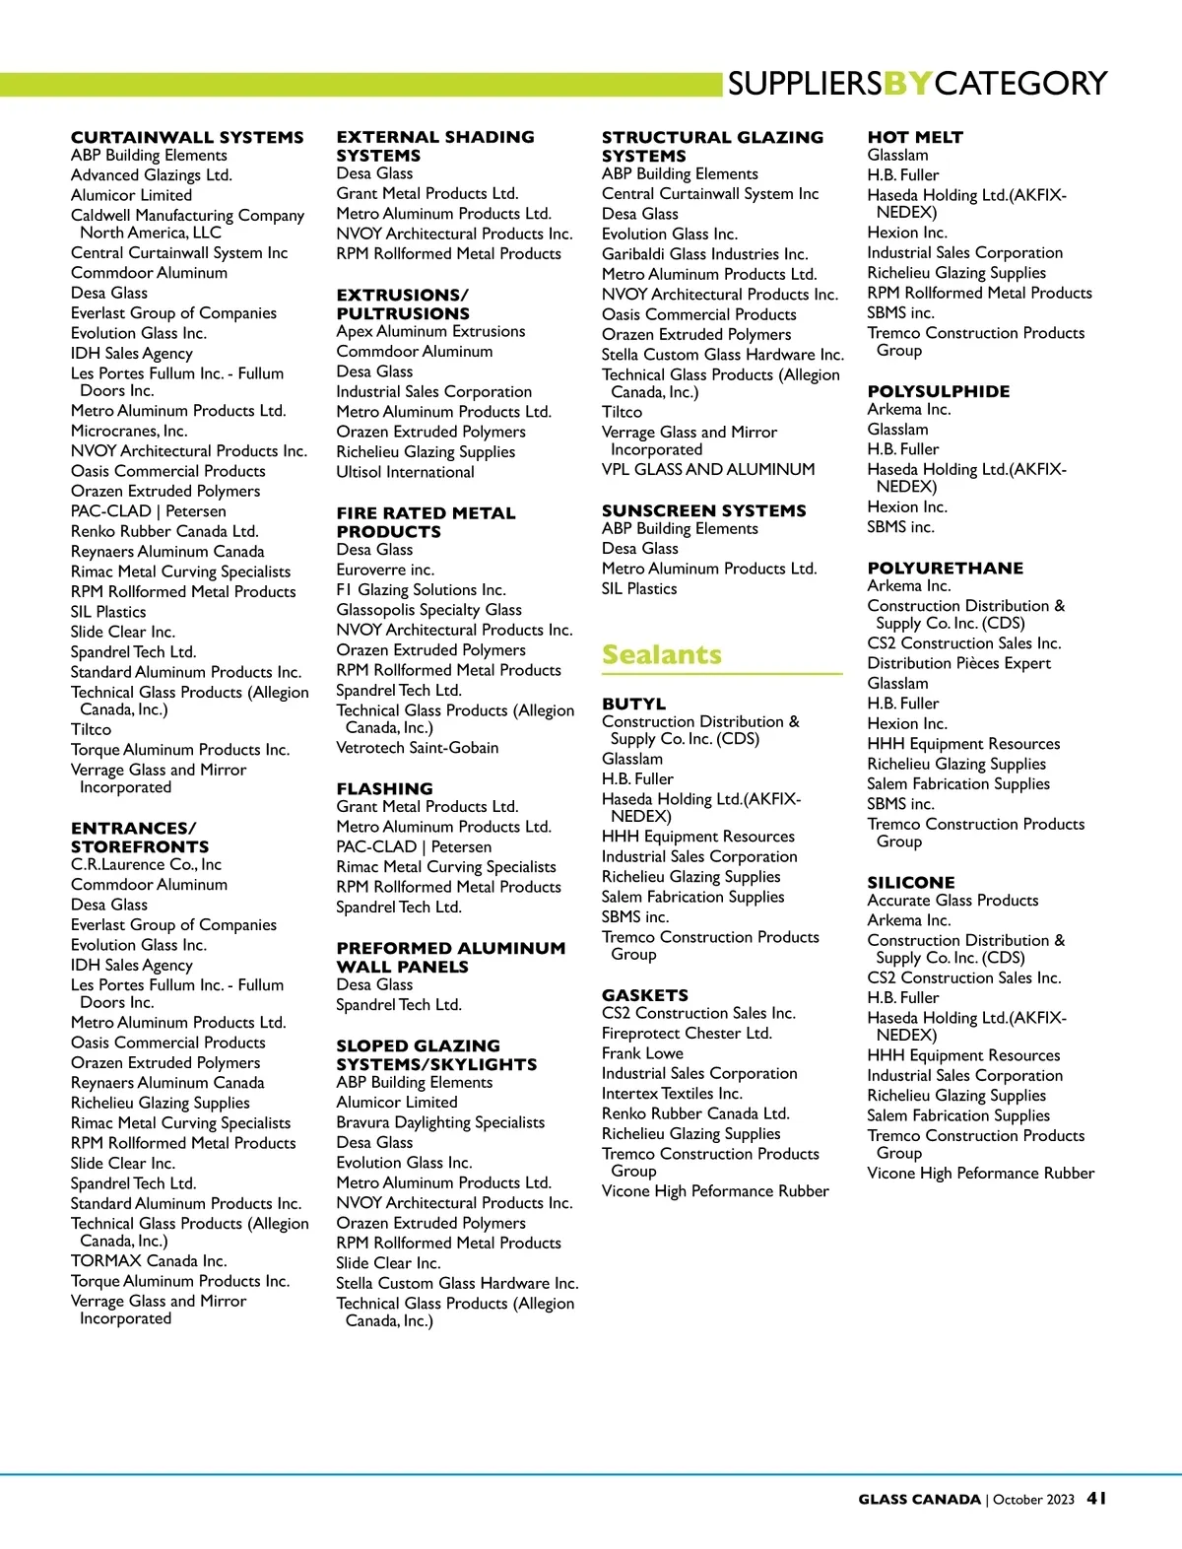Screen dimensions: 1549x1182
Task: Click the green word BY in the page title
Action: [x=907, y=84]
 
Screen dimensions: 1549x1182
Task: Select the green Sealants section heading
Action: [x=662, y=655]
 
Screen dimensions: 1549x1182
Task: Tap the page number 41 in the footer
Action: [x=1096, y=1498]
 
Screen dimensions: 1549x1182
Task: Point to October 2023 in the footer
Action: [x=1033, y=1499]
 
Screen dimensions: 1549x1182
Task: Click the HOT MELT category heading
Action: [x=915, y=137]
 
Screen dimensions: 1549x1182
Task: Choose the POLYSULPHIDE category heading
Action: [x=938, y=391]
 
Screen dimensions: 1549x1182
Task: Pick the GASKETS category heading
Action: [x=645, y=995]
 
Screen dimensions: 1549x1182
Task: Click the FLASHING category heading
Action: [x=384, y=788]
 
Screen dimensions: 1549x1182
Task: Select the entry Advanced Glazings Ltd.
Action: [x=152, y=175]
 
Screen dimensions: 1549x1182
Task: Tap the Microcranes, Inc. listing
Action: [x=129, y=431]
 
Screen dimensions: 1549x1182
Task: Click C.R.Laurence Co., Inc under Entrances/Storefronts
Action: [x=146, y=864]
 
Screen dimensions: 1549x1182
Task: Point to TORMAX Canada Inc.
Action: [x=149, y=1260]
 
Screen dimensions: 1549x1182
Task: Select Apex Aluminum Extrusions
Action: [x=430, y=331]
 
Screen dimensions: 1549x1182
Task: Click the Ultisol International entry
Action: [x=405, y=472]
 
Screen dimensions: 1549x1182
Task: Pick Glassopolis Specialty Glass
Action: [x=428, y=610]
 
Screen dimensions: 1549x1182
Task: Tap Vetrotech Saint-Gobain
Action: [x=418, y=748]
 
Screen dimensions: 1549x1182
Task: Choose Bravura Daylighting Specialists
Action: [x=440, y=1122]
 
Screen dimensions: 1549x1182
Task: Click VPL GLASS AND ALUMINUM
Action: [x=708, y=469]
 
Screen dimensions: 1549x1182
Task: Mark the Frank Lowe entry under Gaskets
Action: [x=642, y=1053]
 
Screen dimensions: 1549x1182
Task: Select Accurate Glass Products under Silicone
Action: [x=952, y=900]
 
